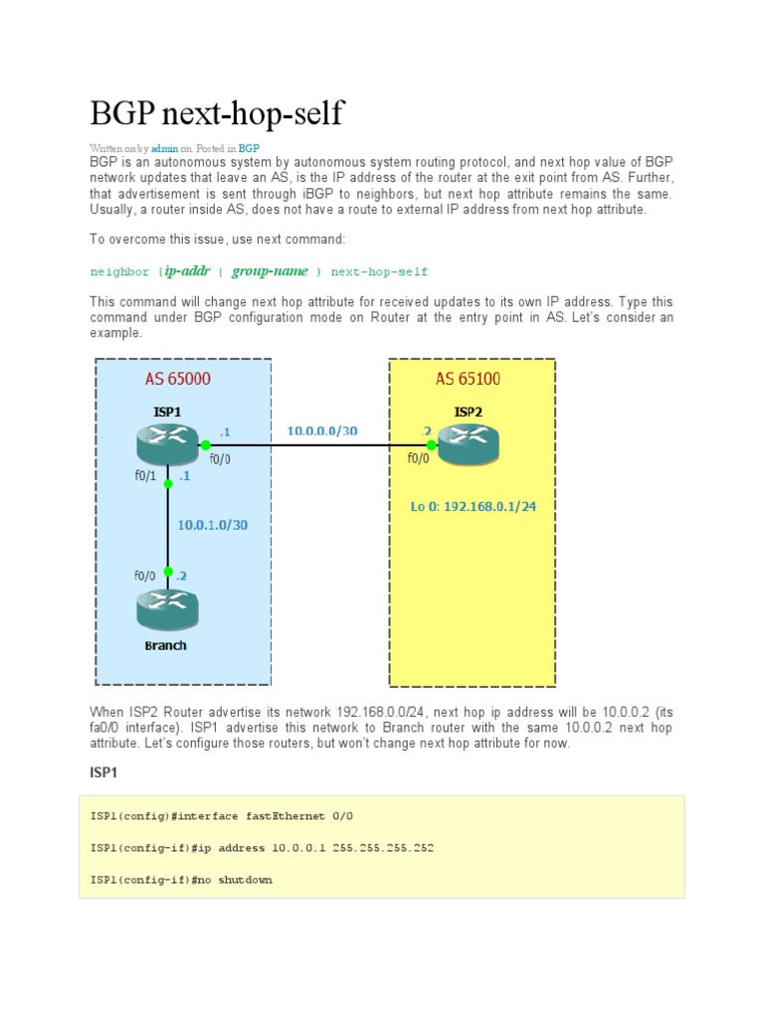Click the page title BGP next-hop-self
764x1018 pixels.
217,113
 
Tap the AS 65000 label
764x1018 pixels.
178,378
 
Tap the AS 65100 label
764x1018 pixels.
468,378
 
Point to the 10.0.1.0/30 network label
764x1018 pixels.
213,524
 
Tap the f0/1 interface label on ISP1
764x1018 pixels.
146,475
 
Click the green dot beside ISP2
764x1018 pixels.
432,445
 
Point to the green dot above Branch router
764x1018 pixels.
169,572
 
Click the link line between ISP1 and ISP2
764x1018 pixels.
318,445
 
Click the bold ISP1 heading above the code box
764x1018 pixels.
104,772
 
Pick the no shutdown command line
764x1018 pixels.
181,880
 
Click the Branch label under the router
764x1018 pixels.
165,645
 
